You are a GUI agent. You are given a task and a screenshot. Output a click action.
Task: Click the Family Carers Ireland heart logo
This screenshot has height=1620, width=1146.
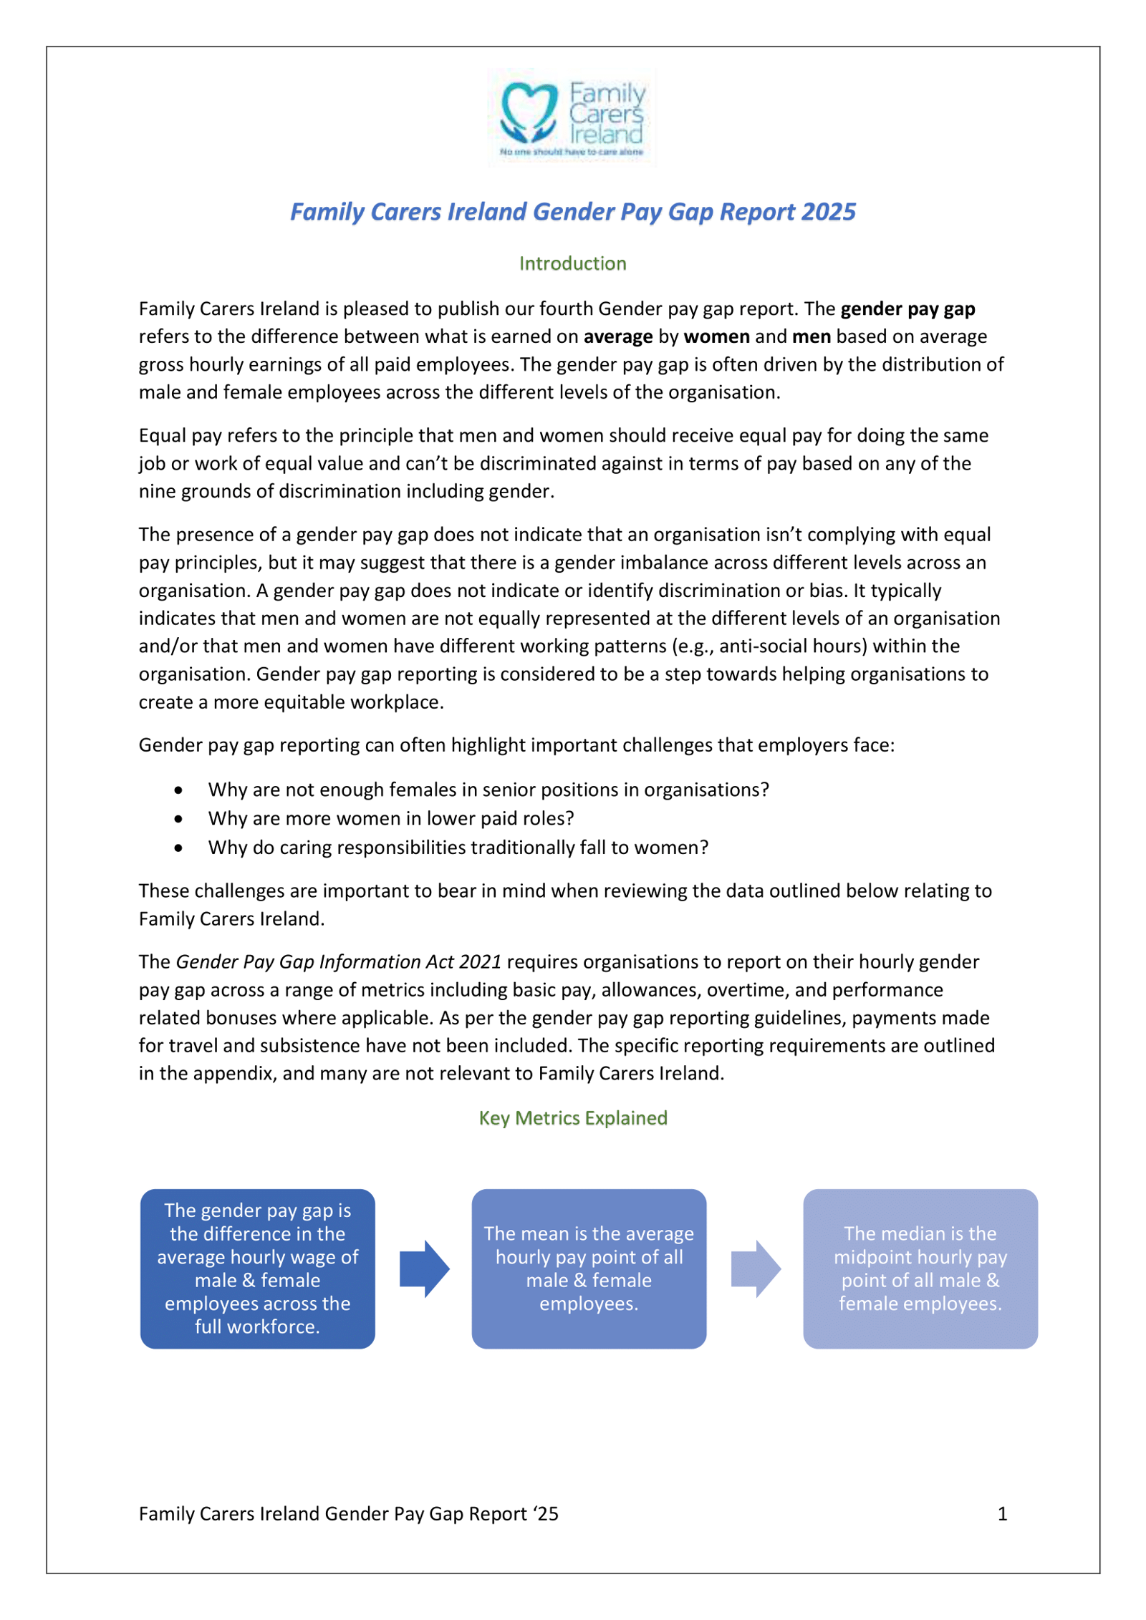(529, 112)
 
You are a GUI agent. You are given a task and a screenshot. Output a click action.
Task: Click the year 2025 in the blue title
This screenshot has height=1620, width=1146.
(828, 212)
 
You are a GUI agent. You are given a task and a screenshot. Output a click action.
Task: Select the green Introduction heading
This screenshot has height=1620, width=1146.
(572, 263)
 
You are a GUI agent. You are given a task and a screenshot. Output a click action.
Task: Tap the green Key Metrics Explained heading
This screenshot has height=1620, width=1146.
(572, 1117)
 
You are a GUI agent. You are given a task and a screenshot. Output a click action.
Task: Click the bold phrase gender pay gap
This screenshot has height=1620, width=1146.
(907, 309)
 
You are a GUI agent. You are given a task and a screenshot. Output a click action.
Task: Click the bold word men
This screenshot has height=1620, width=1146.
(811, 336)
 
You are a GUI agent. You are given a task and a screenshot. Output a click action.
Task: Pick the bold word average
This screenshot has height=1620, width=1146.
(617, 336)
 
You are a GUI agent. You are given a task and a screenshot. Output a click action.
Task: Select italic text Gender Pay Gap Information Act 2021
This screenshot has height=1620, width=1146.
(338, 961)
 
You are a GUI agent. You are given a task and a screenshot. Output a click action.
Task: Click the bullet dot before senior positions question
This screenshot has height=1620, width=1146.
(178, 790)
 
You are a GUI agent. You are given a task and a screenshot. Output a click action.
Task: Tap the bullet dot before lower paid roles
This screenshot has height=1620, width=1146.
(178, 819)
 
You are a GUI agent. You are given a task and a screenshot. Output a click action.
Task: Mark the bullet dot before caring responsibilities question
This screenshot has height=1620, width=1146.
(178, 848)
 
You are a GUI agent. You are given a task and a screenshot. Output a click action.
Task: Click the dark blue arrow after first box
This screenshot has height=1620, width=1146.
(424, 1269)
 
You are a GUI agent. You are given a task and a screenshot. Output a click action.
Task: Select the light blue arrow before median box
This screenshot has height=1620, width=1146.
(756, 1269)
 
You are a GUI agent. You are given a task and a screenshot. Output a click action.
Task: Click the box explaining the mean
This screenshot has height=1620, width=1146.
(589, 1269)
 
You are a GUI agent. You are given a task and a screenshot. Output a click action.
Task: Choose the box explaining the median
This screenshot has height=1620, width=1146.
(920, 1269)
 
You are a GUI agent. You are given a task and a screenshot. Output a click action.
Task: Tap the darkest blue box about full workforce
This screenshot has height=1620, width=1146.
(257, 1269)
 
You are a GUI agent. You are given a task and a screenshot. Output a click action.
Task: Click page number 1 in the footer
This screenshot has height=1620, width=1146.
(1002, 1513)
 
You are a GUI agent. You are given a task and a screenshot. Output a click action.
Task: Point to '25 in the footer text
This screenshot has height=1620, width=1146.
(545, 1513)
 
